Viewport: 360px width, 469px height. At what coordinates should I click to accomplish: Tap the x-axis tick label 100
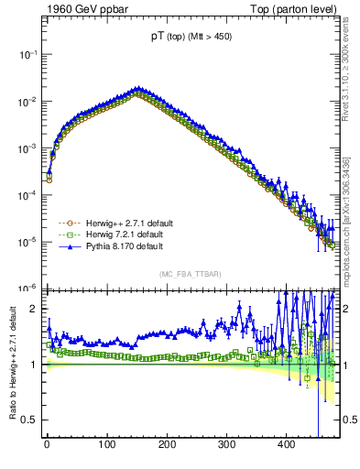106,444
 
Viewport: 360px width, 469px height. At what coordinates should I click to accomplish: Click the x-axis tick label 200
167,444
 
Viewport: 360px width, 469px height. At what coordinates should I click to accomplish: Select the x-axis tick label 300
226,444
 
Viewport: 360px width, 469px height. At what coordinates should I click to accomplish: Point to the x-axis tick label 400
286,444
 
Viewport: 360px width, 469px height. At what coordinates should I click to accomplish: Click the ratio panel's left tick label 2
34,310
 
